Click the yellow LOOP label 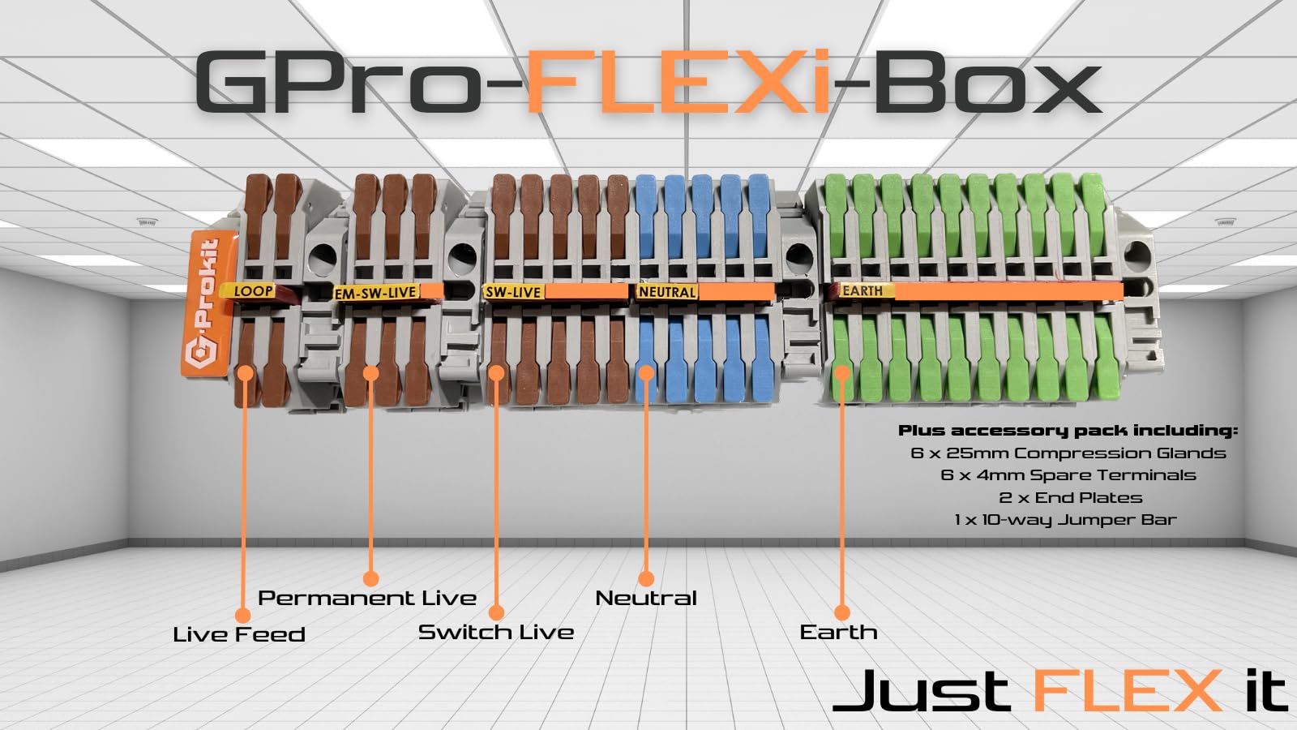[253, 291]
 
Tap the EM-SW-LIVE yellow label [375, 293]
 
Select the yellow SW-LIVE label [512, 292]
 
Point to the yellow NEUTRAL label [667, 292]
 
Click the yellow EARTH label [862, 290]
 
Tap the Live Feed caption [239, 634]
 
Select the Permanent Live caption [366, 598]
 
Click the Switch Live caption [495, 632]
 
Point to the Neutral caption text [646, 598]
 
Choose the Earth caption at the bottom [838, 632]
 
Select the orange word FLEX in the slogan [1128, 691]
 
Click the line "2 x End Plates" [1070, 497]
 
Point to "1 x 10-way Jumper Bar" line [1065, 519]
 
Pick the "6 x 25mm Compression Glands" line [1068, 453]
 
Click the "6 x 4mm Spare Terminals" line [1068, 474]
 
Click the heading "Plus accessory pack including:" [1068, 431]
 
